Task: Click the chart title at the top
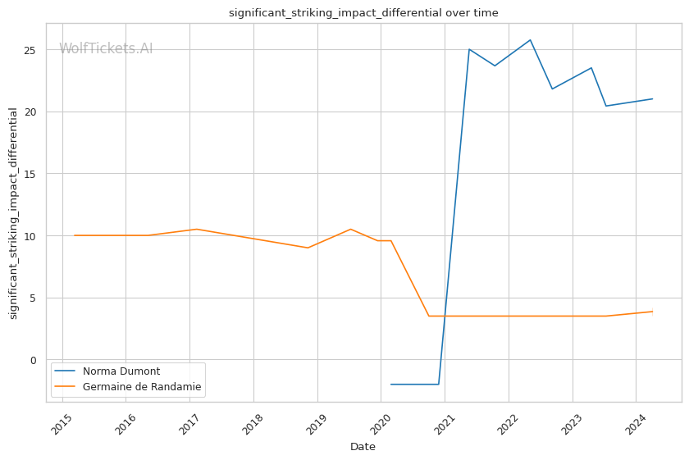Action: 363,13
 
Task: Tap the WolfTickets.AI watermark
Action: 106,49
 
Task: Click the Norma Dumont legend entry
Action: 121,371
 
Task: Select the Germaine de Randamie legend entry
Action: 141,387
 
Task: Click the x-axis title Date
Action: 363,447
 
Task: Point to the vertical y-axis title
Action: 14,213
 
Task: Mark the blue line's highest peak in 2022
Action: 530,40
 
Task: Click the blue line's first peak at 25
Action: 469,49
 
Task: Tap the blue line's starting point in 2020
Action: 390,384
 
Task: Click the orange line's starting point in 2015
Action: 75,235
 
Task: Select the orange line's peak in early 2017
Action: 196,229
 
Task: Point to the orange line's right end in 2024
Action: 652,312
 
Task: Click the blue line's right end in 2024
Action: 652,99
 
